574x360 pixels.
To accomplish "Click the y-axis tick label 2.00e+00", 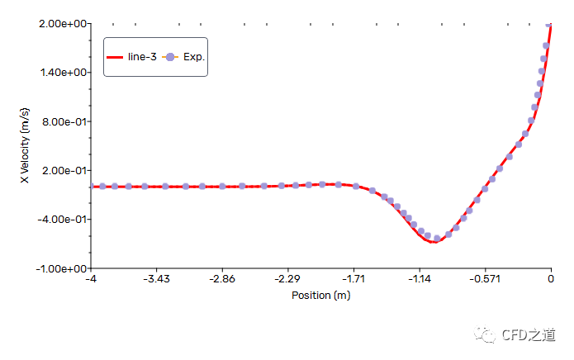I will click(63, 23).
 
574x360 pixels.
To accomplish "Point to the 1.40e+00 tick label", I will click(63, 73).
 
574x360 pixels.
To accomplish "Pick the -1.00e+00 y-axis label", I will click(61, 268).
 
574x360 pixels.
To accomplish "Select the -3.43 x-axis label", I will click(156, 279).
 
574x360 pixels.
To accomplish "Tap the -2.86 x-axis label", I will click(222, 279).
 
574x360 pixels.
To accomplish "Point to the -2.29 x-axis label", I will click(287, 279).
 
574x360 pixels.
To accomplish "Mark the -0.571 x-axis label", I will click(485, 279).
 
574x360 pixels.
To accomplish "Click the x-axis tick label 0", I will click(551, 279).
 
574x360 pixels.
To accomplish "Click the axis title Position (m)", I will click(320, 295).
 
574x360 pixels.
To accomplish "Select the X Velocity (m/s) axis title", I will click(25, 146).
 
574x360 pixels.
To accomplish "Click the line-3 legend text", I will click(142, 57).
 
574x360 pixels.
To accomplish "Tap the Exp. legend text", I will click(193, 57).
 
